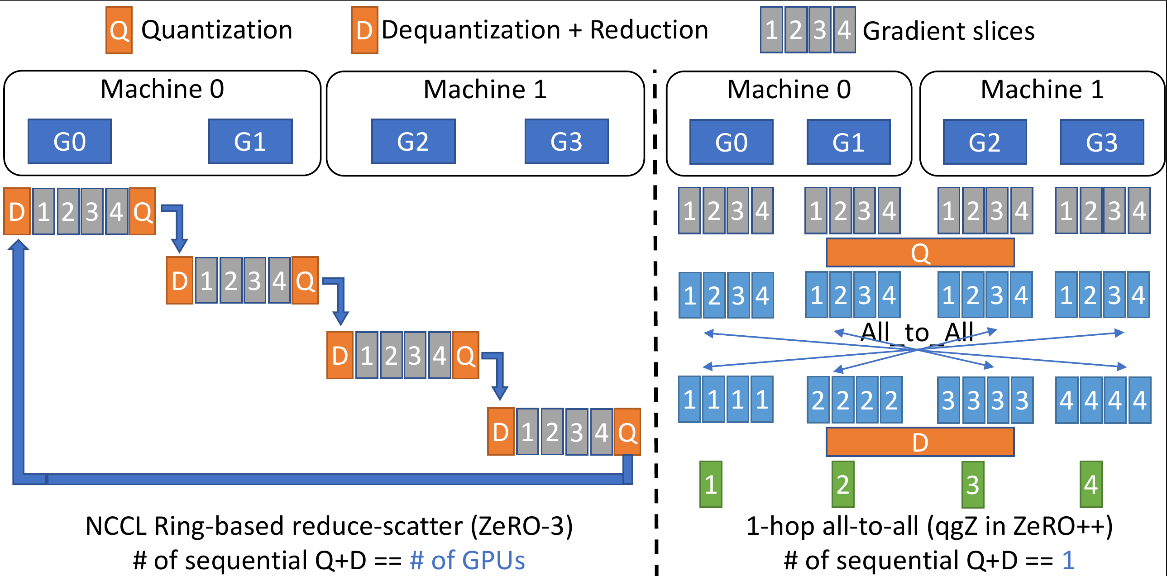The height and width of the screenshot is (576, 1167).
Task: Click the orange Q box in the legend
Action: point(119,30)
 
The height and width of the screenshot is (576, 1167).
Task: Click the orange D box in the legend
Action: point(364,30)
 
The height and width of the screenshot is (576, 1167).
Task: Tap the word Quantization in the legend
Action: point(216,30)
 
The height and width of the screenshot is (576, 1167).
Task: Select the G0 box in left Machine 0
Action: point(69,141)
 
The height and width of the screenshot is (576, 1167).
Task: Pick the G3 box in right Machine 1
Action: point(1102,142)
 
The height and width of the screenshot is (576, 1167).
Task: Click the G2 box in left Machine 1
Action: point(413,141)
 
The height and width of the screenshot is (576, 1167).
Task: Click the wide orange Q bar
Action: point(920,252)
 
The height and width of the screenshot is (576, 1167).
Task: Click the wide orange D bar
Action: point(920,442)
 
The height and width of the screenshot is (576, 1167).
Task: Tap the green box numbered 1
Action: point(710,485)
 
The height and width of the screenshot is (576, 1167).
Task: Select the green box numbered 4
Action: point(1091,485)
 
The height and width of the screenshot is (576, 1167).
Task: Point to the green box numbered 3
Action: point(972,485)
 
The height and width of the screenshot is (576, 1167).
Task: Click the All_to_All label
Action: point(917,333)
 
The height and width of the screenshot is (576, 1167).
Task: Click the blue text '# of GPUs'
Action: point(467,561)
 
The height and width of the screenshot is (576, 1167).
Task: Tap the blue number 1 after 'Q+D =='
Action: point(1068,561)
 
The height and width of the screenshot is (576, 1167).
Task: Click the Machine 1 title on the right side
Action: point(1042,89)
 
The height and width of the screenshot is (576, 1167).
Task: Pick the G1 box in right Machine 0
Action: point(848,142)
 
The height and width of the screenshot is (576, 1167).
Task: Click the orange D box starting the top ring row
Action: point(17,211)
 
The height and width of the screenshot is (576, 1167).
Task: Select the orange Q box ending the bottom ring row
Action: point(627,432)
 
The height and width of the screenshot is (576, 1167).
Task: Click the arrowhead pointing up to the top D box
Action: point(18,245)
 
